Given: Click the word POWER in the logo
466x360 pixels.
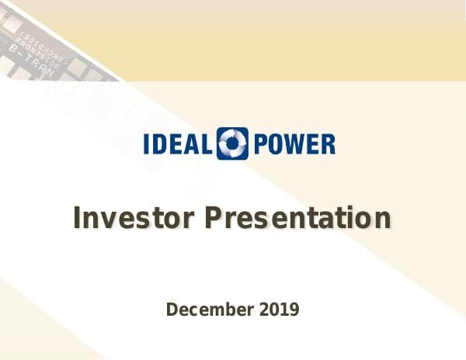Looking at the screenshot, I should point(294,144).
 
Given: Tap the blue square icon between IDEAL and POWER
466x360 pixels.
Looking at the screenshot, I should point(233,144).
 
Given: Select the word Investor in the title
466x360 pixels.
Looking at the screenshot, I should point(133,218).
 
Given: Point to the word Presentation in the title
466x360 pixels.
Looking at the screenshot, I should point(297,218).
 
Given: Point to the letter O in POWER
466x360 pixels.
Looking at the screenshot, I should point(273,144).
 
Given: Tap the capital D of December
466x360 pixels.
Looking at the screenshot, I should point(172,310).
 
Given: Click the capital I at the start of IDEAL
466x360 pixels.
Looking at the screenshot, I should point(148,144).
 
